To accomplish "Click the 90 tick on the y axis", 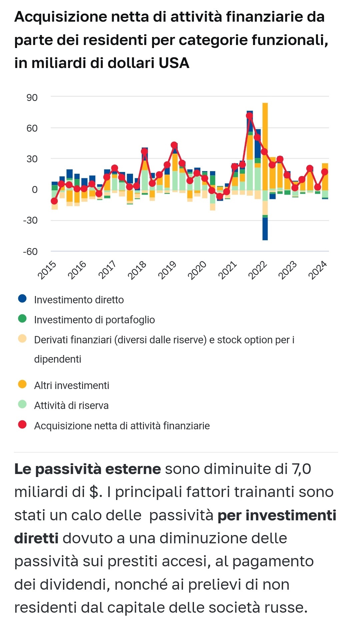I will tap(32, 98).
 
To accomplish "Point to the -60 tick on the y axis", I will tap(30, 251).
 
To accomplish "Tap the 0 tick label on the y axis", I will tap(35, 190).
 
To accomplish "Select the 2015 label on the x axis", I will tap(47, 270).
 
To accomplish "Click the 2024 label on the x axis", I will tap(318, 270).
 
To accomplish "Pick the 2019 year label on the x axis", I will tap(167, 270).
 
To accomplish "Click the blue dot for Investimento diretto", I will tap(22, 299).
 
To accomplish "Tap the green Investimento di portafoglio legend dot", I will tap(22, 319).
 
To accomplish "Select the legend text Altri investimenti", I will tap(72, 385).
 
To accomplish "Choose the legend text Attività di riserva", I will tap(71, 405).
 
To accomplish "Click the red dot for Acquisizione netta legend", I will tap(22, 425).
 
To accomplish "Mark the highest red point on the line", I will tap(249, 116).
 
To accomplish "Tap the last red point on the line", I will tap(325, 172).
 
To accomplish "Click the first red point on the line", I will tap(54, 201).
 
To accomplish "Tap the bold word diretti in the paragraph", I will tap(36, 538).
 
